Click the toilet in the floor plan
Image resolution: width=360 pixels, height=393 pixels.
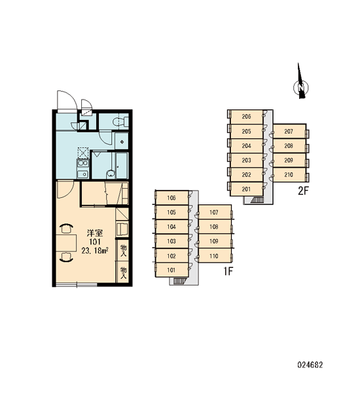pos(118,122)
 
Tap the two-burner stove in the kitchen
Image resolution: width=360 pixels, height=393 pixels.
pos(82,163)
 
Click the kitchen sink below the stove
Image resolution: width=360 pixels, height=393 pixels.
pos(82,174)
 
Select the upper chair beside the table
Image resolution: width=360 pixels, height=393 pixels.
pos(66,229)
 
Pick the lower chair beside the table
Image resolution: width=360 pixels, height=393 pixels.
pos(66,257)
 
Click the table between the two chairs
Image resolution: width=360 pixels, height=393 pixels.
pos(66,243)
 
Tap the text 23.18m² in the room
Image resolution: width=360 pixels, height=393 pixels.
pos(95,250)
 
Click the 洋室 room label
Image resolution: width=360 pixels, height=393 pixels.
pos(95,233)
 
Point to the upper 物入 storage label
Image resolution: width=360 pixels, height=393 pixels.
pos(123,250)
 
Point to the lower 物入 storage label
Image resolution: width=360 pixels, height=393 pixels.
pos(123,272)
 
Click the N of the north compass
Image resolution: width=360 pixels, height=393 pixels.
pos(301,88)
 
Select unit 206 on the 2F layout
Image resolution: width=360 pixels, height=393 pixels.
pos(247,117)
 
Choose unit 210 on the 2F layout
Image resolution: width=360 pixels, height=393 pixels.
pos(289,174)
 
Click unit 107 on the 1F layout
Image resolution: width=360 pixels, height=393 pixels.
pos(214,212)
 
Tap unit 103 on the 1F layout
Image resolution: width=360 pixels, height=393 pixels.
pos(172,241)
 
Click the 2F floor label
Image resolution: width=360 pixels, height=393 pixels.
pos(304,191)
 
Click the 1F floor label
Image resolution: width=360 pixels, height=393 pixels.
pos(228,271)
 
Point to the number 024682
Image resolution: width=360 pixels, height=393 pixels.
pos(310,364)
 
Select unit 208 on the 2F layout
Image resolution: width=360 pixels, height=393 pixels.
pos(289,145)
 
